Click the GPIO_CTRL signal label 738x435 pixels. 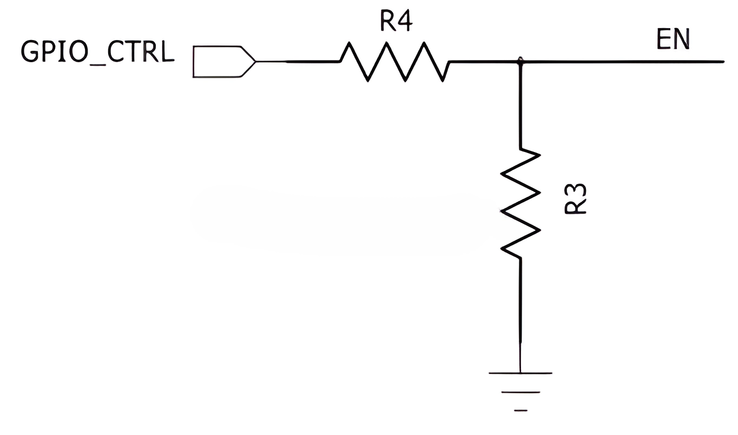click(x=97, y=52)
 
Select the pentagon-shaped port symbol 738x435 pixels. click(x=225, y=62)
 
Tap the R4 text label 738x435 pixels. click(x=396, y=21)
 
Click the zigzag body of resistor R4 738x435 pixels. click(x=394, y=62)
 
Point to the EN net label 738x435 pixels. click(x=673, y=39)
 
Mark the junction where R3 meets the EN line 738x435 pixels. click(x=520, y=61)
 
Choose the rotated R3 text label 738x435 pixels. click(x=575, y=199)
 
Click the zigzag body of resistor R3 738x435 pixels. click(x=520, y=203)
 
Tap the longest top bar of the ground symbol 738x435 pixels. click(x=520, y=373)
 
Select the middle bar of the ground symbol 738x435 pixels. click(x=520, y=392)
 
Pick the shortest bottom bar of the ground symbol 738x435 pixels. click(x=520, y=410)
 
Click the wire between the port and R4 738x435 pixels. click(x=298, y=62)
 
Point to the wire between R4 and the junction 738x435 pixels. click(x=485, y=61)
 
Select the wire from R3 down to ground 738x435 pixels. click(x=520, y=316)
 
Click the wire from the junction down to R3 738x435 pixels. click(x=520, y=106)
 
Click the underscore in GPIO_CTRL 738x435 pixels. click(x=98, y=64)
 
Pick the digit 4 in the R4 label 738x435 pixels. click(x=404, y=22)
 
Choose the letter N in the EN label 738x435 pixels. click(x=682, y=39)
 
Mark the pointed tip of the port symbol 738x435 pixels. click(x=256, y=62)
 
